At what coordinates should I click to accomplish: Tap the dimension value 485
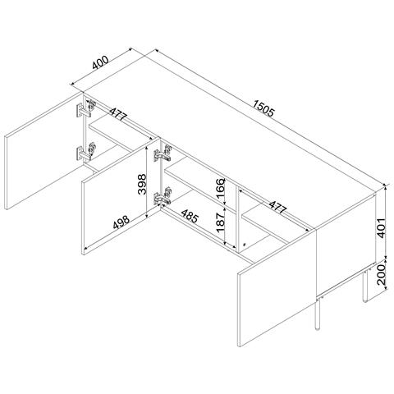(188, 218)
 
